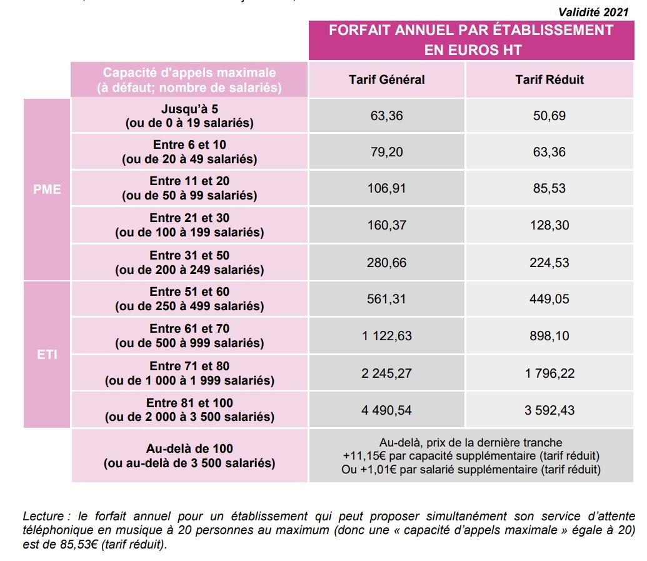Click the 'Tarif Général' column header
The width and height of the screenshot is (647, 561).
(x=386, y=79)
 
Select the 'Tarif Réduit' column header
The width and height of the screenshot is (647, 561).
(x=549, y=79)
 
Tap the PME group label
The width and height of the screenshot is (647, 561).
(x=47, y=189)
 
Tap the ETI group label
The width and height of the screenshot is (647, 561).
(x=47, y=355)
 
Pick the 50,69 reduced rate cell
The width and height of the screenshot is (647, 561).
(x=549, y=116)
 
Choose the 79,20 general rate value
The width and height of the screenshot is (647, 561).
(x=386, y=152)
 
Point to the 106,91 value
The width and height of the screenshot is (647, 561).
(x=386, y=188)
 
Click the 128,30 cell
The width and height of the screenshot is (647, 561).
(x=549, y=225)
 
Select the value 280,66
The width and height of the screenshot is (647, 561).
(x=386, y=262)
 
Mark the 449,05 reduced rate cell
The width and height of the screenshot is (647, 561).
(x=549, y=299)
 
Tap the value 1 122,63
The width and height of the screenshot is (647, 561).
(x=386, y=336)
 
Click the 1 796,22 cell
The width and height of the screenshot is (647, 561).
(x=549, y=373)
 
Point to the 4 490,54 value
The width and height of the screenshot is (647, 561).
(x=386, y=410)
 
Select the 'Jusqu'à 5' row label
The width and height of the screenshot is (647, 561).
(x=189, y=109)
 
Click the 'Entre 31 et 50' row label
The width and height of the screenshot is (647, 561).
(x=189, y=256)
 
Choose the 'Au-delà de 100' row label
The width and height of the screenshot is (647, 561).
(x=189, y=448)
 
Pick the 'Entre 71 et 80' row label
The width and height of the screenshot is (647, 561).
(x=189, y=366)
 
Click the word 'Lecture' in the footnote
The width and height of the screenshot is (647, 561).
(x=43, y=517)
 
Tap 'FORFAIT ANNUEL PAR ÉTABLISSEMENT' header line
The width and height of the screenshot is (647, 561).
(x=471, y=30)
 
